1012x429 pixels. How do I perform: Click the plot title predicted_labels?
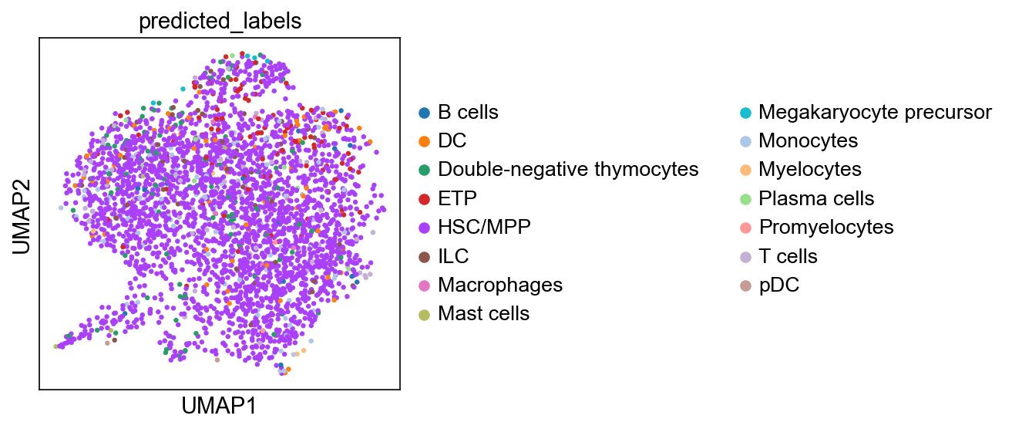tap(220, 22)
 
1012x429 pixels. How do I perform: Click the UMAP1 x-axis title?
tap(219, 406)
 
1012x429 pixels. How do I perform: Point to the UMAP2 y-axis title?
tap(22, 217)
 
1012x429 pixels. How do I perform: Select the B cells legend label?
tap(468, 112)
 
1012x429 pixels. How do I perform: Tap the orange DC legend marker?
tap(424, 141)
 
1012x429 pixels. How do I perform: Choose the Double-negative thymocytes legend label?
tap(568, 170)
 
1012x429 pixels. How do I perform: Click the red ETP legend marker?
tap(424, 198)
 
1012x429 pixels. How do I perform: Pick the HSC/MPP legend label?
tap(484, 227)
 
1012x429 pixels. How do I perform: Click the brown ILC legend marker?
tap(424, 256)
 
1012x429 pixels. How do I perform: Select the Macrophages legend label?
tap(500, 285)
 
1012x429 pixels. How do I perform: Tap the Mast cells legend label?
tap(483, 313)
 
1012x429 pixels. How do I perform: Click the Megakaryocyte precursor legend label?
tap(875, 112)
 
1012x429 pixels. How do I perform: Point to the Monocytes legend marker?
tap(745, 141)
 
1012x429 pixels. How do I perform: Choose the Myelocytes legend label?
tap(810, 170)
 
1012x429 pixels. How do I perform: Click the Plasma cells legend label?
tap(816, 198)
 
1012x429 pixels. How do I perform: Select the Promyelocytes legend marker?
tap(745, 228)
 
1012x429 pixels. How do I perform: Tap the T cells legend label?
tap(788, 256)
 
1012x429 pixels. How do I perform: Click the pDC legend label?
tap(779, 285)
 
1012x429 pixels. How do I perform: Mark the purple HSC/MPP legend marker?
tap(424, 228)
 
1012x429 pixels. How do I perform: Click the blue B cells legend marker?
tap(424, 113)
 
